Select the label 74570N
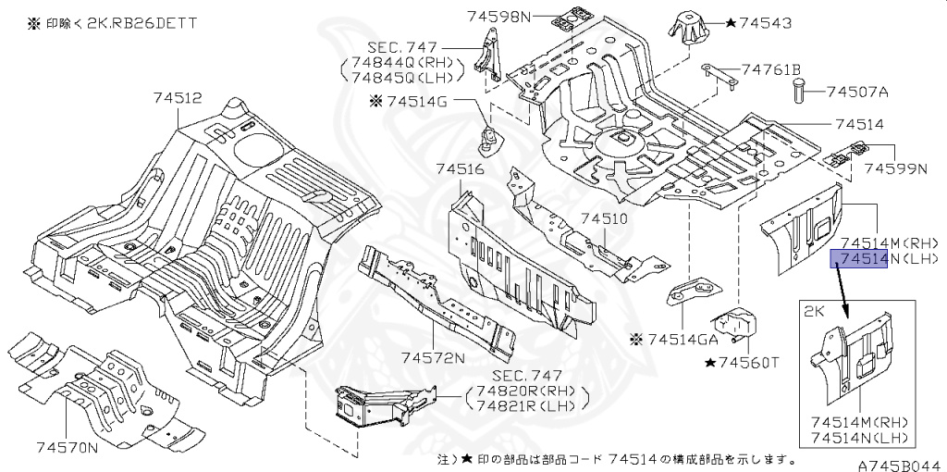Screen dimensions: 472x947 tap(68, 448)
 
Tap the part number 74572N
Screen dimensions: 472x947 tap(433, 357)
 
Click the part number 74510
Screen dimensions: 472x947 tap(604, 219)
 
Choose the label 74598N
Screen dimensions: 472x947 tap(500, 16)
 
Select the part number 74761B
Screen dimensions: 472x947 tap(770, 69)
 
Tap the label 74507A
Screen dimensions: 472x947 tap(857, 92)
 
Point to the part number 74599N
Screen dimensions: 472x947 tap(895, 169)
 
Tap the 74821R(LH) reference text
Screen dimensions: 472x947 tap(529, 405)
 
